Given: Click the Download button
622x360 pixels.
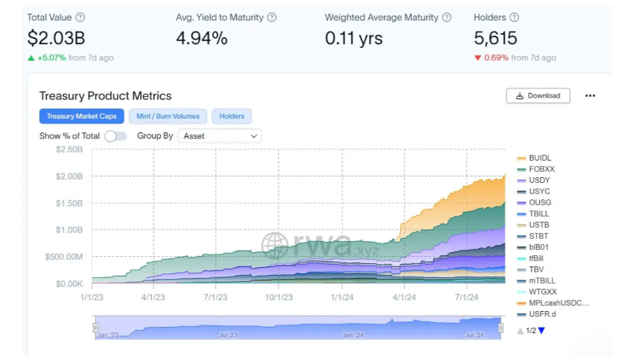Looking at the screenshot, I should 538,95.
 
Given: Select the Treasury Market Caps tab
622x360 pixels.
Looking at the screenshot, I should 81,117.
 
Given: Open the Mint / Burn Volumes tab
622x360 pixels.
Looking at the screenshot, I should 168,117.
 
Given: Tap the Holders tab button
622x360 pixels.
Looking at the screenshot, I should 231,117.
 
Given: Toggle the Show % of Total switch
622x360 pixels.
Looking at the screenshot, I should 115,135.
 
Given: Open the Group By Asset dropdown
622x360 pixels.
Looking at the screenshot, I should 220,135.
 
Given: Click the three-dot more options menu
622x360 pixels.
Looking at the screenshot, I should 591,95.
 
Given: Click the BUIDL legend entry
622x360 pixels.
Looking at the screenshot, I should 539,158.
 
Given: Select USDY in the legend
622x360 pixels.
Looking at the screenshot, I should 539,180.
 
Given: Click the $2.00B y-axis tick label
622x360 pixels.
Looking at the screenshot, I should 69,176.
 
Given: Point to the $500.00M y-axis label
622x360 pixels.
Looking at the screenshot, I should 65,256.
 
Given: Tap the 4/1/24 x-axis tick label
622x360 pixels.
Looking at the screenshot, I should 404,297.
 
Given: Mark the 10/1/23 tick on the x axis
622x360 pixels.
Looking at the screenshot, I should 279,297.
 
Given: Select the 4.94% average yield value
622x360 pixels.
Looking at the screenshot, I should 202,38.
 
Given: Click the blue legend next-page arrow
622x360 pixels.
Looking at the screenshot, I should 541,330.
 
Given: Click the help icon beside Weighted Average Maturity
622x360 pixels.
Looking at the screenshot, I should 447,17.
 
